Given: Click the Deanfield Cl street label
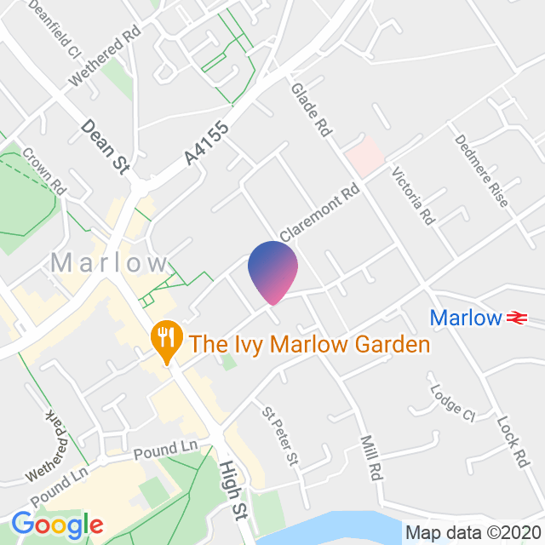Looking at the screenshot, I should [x=53, y=28].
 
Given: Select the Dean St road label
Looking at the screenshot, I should [x=105, y=147].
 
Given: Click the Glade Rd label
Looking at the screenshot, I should [x=310, y=111].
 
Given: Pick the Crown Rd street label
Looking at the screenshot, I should [x=45, y=170].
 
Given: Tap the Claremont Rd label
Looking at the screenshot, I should [x=319, y=214].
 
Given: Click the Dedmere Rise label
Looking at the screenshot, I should [x=481, y=170].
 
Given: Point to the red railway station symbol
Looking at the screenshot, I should [x=514, y=318].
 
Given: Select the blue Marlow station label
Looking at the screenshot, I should [x=465, y=318].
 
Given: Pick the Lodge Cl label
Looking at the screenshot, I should [x=451, y=404].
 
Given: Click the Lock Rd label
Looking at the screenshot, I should [x=513, y=441].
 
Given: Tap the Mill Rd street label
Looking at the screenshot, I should [x=369, y=458].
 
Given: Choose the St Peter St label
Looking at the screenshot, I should [x=281, y=435].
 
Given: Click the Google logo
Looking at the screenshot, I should [x=57, y=525].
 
